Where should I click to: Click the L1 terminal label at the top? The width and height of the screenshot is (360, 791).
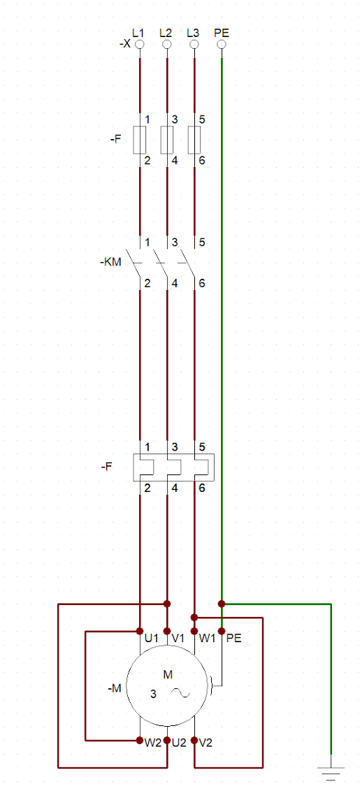pyautogui.click(x=138, y=33)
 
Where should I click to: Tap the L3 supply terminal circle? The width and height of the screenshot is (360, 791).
pyautogui.click(x=194, y=45)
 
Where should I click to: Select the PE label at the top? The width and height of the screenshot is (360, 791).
pyautogui.click(x=222, y=33)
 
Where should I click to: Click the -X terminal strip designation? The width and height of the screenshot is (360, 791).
pyautogui.click(x=125, y=45)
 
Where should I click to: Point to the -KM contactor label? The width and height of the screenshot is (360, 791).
pyautogui.click(x=110, y=262)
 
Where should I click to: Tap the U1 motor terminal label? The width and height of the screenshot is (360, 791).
pyautogui.click(x=152, y=638)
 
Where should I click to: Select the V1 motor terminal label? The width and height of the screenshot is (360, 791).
pyautogui.click(x=179, y=638)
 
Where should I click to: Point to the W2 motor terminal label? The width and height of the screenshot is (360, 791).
pyautogui.click(x=153, y=743)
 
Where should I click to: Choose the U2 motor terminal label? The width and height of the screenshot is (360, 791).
pyautogui.click(x=179, y=743)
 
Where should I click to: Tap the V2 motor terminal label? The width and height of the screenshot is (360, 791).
pyautogui.click(x=206, y=743)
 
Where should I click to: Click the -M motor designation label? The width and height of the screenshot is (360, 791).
pyautogui.click(x=115, y=688)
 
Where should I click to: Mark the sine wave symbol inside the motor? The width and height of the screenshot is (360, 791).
pyautogui.click(x=180, y=694)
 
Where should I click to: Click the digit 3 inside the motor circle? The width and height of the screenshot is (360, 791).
pyautogui.click(x=154, y=694)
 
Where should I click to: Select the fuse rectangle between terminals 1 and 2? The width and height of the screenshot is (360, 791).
pyautogui.click(x=139, y=140)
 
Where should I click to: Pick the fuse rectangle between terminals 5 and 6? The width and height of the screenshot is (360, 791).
pyautogui.click(x=194, y=140)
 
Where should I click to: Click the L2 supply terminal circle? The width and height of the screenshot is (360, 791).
pyautogui.click(x=166, y=45)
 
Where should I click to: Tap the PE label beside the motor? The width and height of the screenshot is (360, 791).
pyautogui.click(x=234, y=638)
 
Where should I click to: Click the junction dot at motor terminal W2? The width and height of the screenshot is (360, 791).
pyautogui.click(x=139, y=741)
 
